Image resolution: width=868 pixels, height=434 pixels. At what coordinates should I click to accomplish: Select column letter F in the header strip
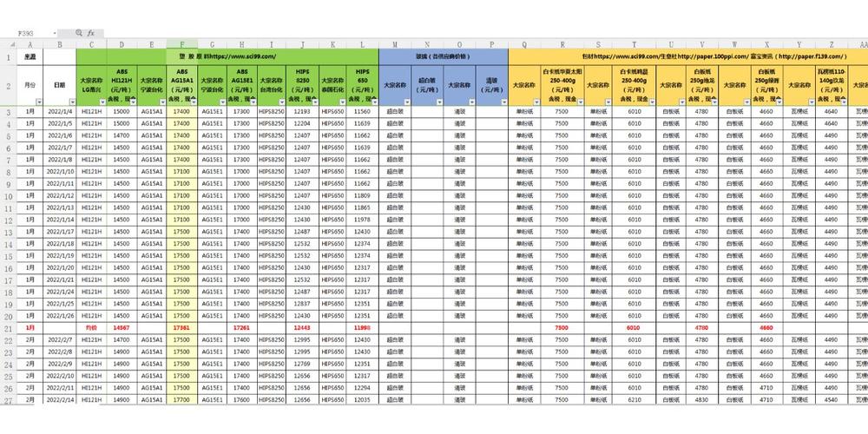[181, 44]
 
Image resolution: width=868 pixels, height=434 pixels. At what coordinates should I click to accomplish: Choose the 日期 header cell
[60, 84]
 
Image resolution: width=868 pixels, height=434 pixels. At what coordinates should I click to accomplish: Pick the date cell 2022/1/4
[60, 112]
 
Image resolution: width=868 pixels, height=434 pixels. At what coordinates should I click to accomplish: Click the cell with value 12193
[301, 112]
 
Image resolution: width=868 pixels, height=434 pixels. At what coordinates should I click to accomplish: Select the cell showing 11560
[362, 112]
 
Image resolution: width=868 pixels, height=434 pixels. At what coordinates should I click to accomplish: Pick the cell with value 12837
[301, 303]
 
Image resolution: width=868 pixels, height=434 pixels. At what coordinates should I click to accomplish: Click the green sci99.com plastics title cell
[227, 56]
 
